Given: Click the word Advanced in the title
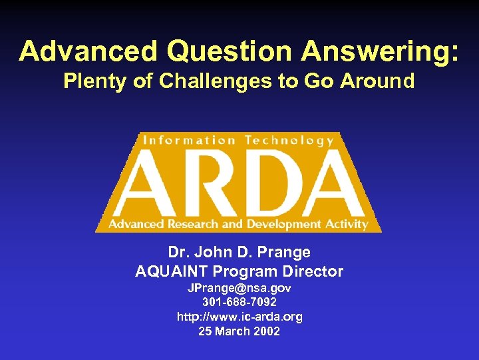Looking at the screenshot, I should [88, 51].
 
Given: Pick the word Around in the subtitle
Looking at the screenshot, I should [377, 81].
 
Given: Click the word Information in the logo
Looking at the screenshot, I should [188, 140].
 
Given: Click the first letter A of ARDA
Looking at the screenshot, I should [141, 183].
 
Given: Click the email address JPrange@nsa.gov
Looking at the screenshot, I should [239, 289].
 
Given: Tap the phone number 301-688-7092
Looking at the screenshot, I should [239, 303].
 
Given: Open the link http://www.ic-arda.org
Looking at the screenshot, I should [239, 317].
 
